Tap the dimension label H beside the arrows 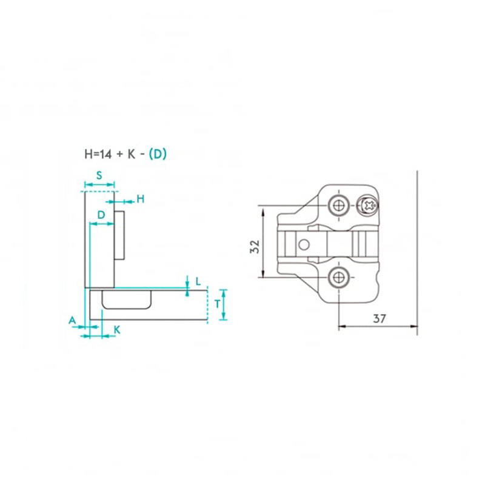click(140, 199)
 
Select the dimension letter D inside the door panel click(101, 215)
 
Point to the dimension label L click(198, 281)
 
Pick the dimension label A click(72, 319)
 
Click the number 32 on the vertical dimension click(255, 246)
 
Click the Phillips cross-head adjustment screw click(367, 206)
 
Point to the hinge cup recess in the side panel click(126, 300)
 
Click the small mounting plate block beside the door click(119, 234)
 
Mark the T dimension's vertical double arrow click(224, 305)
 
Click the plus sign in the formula click(119, 154)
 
